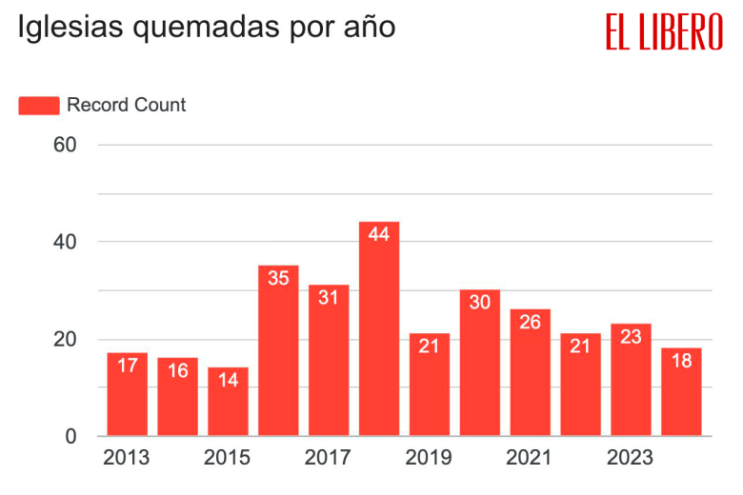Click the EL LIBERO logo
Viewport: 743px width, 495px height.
pos(664,31)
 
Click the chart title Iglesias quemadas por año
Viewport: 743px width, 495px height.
pos(206,28)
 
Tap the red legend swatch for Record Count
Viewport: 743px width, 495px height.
pos(39,105)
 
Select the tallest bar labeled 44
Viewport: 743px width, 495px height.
pos(379,328)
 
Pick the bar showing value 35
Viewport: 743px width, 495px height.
pos(278,350)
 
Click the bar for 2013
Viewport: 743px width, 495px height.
pos(127,394)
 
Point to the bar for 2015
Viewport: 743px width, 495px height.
pos(228,402)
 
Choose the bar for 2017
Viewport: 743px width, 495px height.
pos(329,360)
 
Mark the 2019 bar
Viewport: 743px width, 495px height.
pos(430,385)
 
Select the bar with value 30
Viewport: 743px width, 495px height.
pos(480,363)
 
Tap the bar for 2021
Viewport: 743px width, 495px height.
pos(531,372)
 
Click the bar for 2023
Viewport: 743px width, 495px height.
pos(631,380)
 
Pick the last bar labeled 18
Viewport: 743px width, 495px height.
pos(681,392)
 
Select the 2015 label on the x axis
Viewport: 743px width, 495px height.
pos(228,459)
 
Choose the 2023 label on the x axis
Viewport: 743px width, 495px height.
pos(631,459)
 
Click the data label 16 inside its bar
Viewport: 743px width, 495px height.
pos(177,370)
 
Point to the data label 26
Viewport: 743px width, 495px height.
pos(531,322)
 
